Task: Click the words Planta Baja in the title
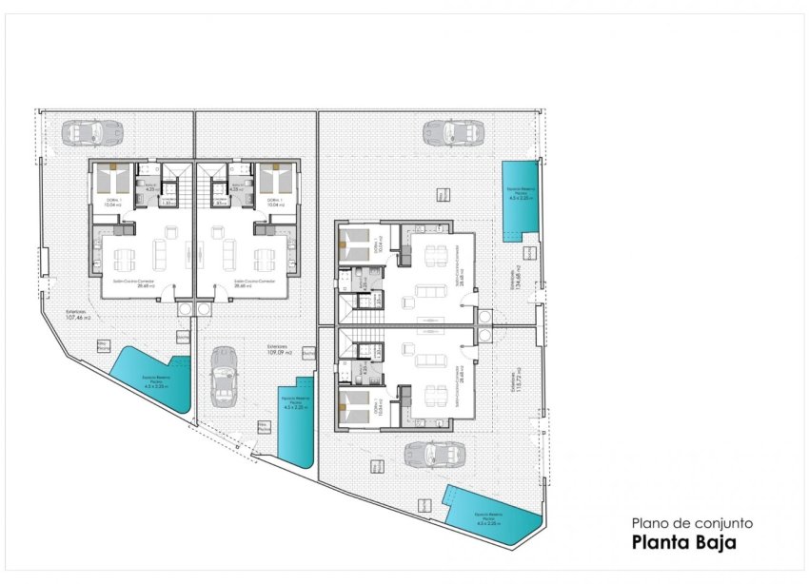683,544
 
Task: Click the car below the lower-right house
427,456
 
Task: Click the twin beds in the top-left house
112,177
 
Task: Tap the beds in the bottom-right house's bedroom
353,406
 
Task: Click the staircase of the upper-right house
367,306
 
